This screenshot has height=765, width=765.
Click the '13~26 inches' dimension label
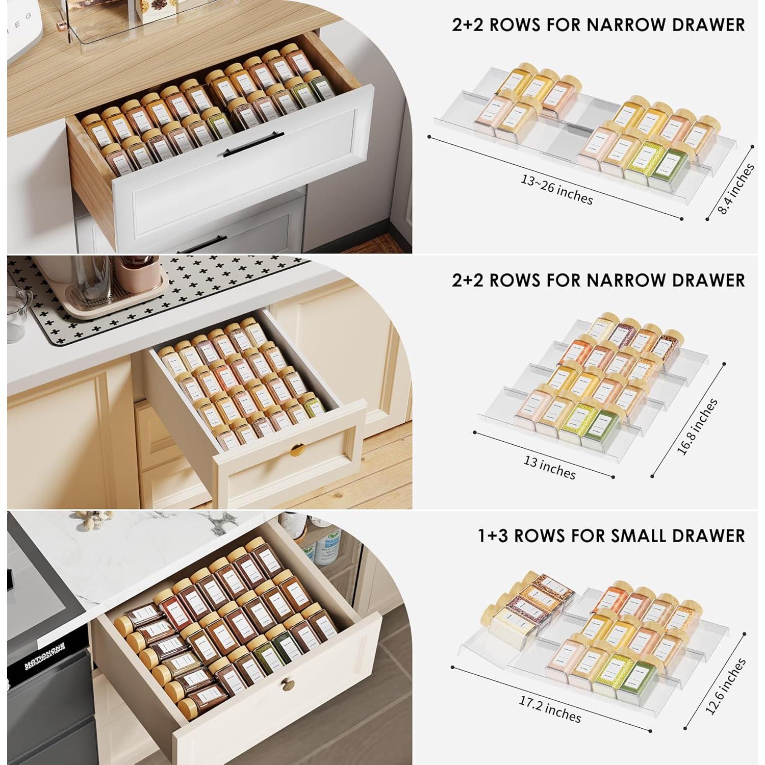556,189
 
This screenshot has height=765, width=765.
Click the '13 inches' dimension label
549,467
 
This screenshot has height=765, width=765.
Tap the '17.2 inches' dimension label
550,709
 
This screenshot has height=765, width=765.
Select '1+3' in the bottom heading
495,535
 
